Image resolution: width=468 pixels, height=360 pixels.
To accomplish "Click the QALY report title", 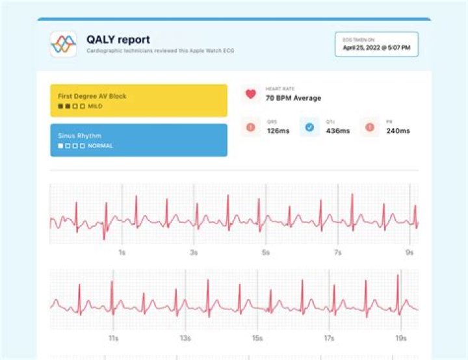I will (118, 40).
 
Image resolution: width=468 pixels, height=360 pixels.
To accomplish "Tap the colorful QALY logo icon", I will (64, 44).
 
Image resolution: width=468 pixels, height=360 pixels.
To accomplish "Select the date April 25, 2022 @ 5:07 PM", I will (381, 47).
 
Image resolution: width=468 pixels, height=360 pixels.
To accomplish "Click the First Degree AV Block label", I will (92, 96).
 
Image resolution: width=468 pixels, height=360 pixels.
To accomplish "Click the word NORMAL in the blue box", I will (100, 146).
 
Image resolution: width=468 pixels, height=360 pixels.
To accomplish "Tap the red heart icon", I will (250, 94).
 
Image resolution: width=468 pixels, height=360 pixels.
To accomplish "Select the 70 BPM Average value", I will (293, 98).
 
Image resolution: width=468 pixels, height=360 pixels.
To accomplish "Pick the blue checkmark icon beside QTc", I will (309, 127).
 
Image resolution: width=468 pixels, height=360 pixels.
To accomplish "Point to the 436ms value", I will (338, 131).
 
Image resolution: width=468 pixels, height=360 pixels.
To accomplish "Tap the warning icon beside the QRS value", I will (250, 127).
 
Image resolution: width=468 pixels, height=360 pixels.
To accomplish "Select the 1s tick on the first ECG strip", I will (122, 252).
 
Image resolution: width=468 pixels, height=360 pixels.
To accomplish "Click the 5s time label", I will (265, 252).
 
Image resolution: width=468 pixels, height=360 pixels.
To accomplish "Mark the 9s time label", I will (409, 252).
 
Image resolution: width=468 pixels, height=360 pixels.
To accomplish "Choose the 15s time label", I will (257, 339).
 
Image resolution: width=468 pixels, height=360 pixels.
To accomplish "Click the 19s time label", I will (401, 339).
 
